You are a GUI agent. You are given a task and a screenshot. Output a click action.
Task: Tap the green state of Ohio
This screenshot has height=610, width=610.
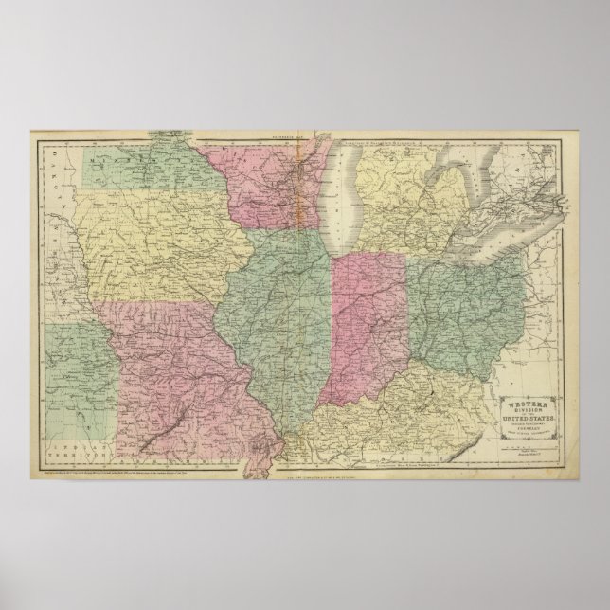pos(464,303)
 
